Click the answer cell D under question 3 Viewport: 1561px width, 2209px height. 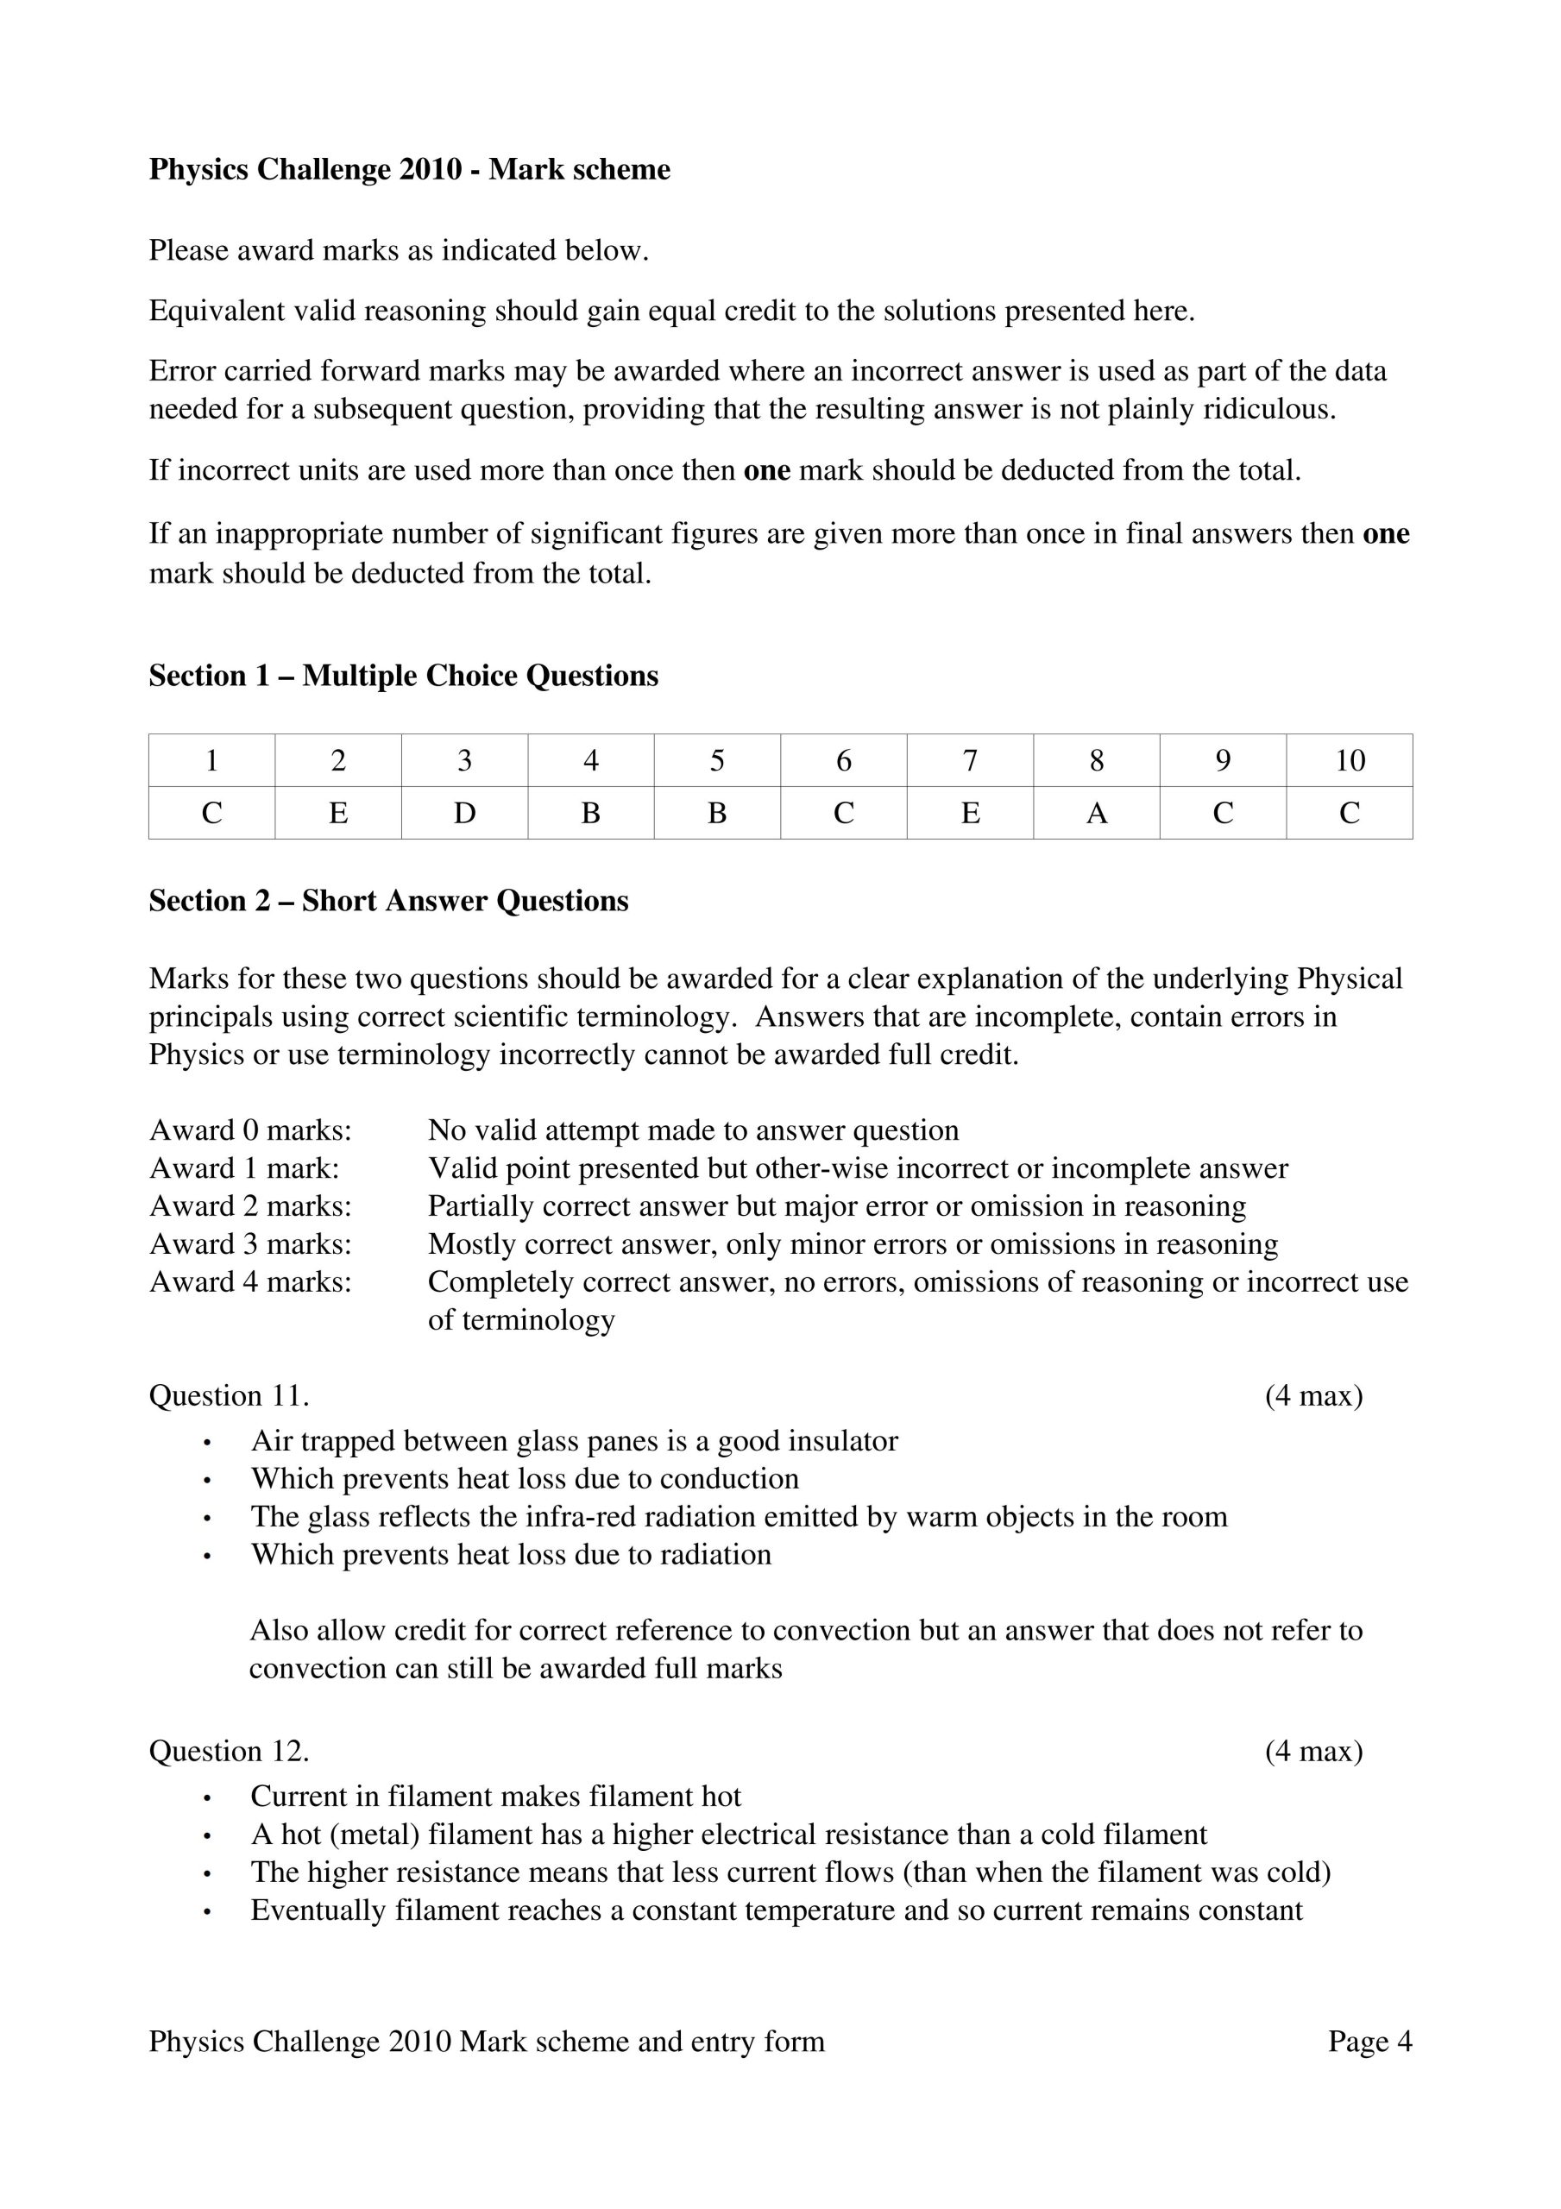tap(464, 814)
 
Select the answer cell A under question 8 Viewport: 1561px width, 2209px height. tap(1096, 814)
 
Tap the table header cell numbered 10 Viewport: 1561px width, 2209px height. tap(1350, 761)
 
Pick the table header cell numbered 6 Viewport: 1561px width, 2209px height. tap(843, 761)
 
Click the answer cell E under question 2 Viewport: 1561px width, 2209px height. tap(337, 814)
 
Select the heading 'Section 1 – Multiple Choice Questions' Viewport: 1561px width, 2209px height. tap(403, 677)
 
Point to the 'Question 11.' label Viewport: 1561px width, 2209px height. tap(229, 1396)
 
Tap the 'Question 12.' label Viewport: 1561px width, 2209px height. tap(229, 1751)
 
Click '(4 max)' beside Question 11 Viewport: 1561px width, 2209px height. tap(1313, 1396)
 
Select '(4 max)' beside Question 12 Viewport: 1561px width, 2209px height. tap(1313, 1751)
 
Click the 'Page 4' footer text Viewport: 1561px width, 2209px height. tap(1369, 2042)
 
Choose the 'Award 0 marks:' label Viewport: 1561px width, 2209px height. tap(250, 1130)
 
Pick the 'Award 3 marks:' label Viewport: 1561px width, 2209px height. tap(250, 1244)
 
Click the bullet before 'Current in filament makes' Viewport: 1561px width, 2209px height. tap(207, 1798)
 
